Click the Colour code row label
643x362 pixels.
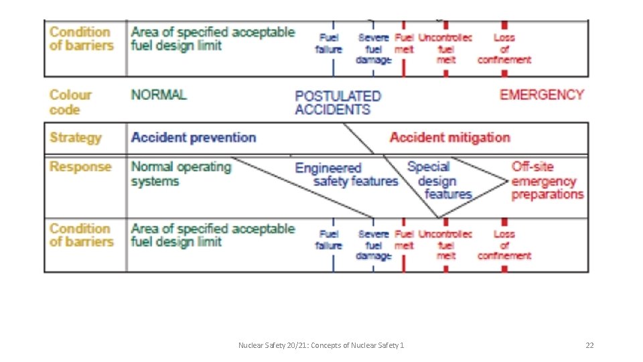tap(70, 102)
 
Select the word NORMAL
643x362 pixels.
tap(159, 95)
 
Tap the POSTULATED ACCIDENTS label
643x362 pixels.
tap(338, 103)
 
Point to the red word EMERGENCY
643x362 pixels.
tap(541, 95)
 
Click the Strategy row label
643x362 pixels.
tap(76, 137)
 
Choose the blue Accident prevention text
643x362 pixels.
tap(193, 137)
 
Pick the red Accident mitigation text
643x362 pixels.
tap(449, 137)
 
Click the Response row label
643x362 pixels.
tap(76, 166)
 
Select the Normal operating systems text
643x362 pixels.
tap(181, 174)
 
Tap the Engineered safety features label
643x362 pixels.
tap(346, 174)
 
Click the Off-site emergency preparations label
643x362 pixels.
tap(547, 180)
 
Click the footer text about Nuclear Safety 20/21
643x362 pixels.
tap(321, 345)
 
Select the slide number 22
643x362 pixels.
tap(589, 345)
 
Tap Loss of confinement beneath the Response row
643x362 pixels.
tap(504, 244)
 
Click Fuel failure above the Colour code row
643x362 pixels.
tap(329, 44)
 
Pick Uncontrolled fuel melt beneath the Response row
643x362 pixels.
tap(445, 244)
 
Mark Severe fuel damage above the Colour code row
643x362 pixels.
tap(374, 49)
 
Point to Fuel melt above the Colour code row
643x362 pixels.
tap(404, 44)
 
